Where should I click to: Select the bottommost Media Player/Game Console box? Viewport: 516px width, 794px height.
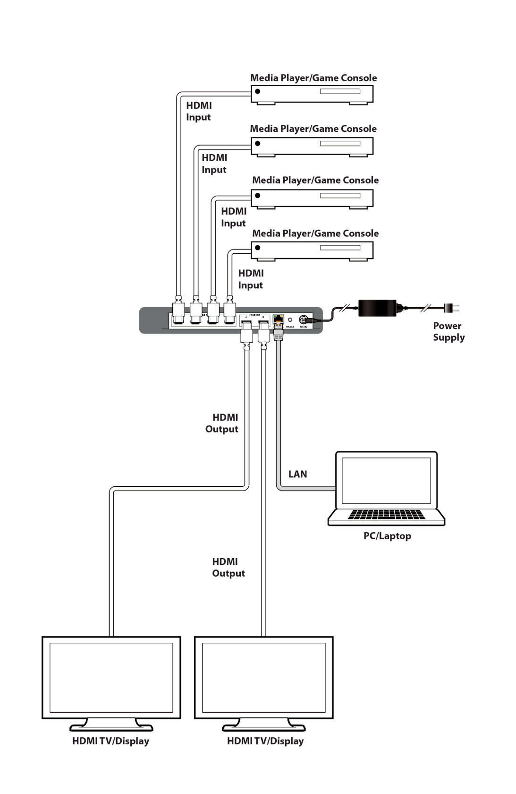pyautogui.click(x=312, y=250)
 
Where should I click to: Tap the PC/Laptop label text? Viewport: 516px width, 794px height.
pyautogui.click(x=387, y=536)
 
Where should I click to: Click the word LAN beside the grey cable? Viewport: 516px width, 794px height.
pyautogui.click(x=297, y=474)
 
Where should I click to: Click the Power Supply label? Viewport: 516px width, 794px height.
pyautogui.click(x=448, y=331)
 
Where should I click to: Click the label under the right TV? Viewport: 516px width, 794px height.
pyautogui.click(x=265, y=741)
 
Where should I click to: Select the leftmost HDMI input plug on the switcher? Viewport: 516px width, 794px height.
pyautogui.click(x=179, y=311)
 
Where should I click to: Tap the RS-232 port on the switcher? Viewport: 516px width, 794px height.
pyautogui.click(x=290, y=320)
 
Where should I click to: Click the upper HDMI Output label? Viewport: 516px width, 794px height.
pyautogui.click(x=222, y=423)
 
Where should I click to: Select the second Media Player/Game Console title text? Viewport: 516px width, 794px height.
pyautogui.click(x=313, y=129)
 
